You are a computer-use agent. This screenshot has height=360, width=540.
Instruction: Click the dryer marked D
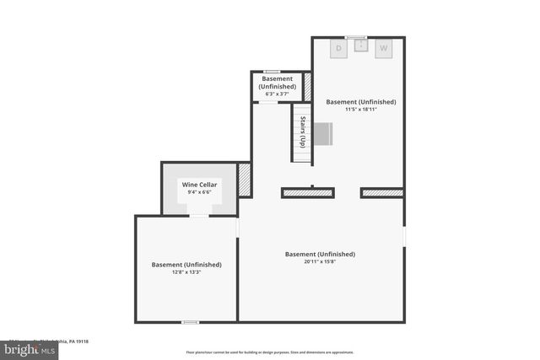(339, 49)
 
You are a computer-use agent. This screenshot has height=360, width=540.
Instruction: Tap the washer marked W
(383, 49)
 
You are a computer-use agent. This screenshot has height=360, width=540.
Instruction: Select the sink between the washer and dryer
(361, 46)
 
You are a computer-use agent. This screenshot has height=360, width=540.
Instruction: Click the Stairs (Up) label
(301, 132)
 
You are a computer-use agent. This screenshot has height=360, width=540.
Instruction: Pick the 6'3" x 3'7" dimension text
(277, 94)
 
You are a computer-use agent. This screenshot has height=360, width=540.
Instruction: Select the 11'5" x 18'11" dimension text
(360, 109)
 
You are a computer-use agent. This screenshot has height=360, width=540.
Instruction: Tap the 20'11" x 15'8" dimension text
(320, 261)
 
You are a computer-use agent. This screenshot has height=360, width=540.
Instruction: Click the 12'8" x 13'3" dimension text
(186, 271)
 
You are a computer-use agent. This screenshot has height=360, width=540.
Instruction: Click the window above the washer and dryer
(356, 37)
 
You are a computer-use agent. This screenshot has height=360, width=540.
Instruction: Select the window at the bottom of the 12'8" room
(192, 321)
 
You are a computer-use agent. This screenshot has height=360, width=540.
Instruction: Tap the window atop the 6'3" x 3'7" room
(272, 72)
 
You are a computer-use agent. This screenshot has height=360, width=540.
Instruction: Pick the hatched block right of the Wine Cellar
(245, 180)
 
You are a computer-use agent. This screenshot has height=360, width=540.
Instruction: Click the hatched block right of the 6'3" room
(308, 85)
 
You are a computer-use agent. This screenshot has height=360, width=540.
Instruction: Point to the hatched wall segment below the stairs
(309, 193)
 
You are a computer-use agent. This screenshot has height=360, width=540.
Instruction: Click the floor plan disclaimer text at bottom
(269, 352)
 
